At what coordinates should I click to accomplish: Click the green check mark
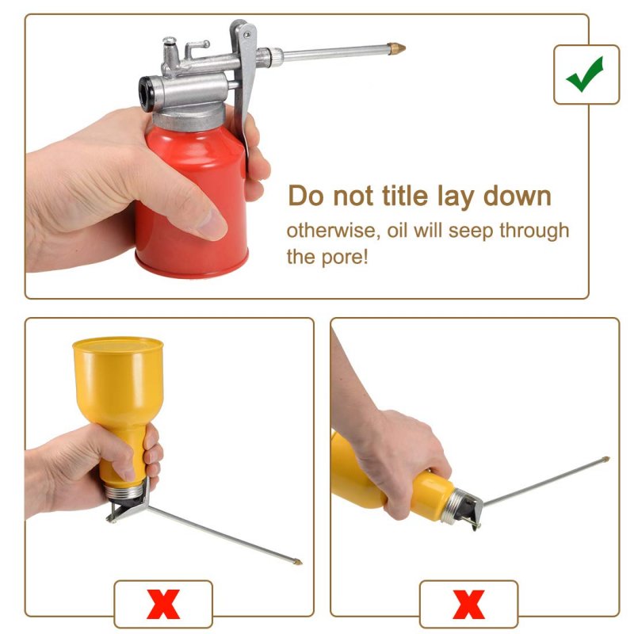click(x=584, y=74)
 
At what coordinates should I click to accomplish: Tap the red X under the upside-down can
click(x=163, y=604)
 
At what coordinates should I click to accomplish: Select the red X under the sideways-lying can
click(x=468, y=604)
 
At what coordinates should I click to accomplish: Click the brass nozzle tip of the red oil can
click(x=396, y=48)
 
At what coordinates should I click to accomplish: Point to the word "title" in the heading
click(x=405, y=196)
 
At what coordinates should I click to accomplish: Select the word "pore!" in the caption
click(x=345, y=258)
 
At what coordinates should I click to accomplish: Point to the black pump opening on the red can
click(x=146, y=94)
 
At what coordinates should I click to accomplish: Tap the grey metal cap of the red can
click(x=189, y=116)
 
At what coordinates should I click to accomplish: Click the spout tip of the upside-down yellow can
click(x=298, y=562)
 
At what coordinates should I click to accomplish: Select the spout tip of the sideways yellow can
click(x=605, y=460)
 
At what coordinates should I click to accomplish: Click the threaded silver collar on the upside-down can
click(x=124, y=491)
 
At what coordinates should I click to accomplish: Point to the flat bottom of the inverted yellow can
click(x=117, y=345)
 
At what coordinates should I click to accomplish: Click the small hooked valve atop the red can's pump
click(x=197, y=48)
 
